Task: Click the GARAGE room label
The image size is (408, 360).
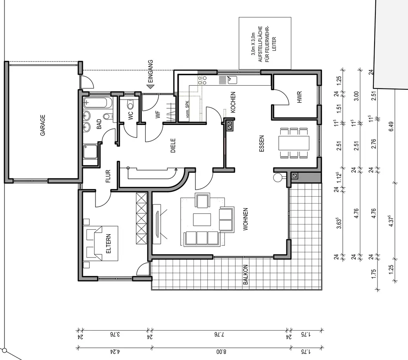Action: (x=43, y=125)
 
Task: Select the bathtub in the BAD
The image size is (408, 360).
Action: (x=98, y=103)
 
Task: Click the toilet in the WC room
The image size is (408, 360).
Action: (x=130, y=104)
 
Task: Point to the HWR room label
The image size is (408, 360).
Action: (x=299, y=97)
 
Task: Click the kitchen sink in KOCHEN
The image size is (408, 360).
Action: (x=232, y=80)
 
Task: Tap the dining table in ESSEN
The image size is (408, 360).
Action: (x=294, y=143)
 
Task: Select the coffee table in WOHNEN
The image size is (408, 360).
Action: (x=202, y=220)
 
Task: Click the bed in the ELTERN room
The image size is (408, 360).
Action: (x=102, y=243)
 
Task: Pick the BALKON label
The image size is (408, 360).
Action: (x=245, y=275)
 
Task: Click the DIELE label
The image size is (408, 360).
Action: (x=173, y=145)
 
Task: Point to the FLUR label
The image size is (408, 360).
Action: (x=108, y=176)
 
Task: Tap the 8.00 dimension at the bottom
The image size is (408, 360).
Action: (x=221, y=352)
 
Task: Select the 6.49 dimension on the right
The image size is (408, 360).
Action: (x=391, y=127)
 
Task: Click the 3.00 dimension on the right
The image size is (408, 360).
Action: (x=357, y=96)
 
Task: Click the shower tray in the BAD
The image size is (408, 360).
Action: (x=90, y=152)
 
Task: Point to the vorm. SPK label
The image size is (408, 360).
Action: (x=188, y=109)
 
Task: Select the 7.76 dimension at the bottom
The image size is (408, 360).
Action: (x=219, y=334)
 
